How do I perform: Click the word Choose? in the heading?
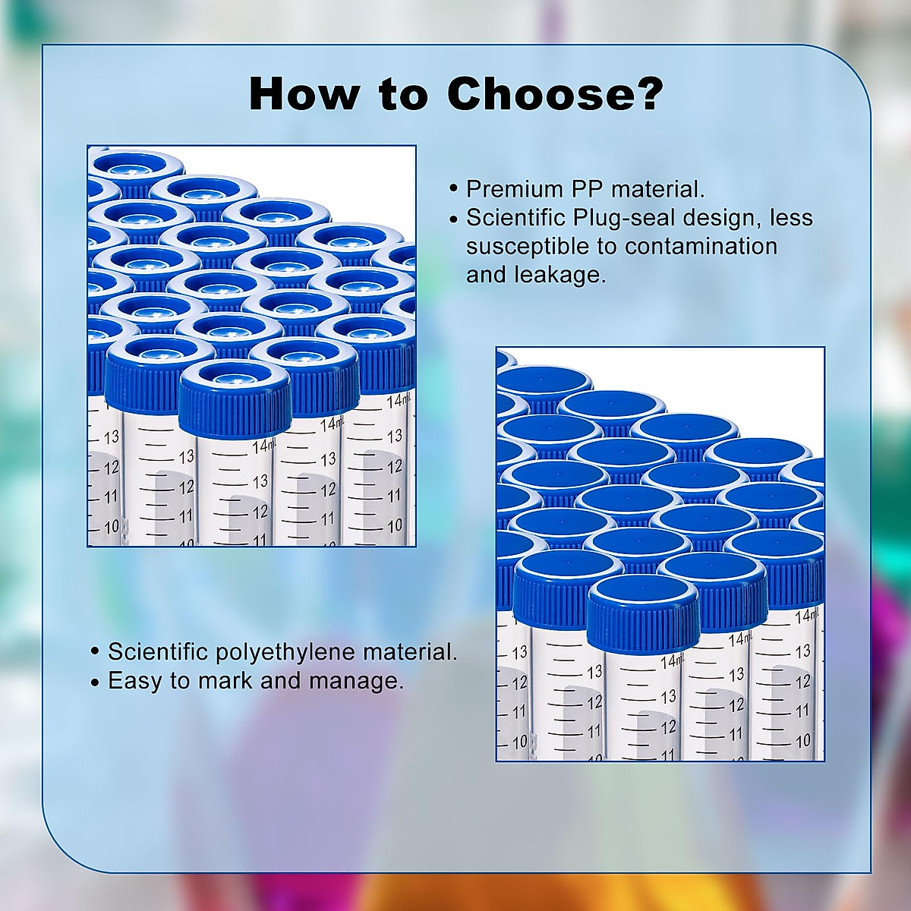point(555,94)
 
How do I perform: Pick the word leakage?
point(560,274)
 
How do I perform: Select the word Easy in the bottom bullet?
point(135,680)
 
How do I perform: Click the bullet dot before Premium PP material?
point(454,189)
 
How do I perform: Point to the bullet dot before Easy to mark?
point(95,681)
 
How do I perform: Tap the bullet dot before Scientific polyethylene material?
point(95,652)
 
